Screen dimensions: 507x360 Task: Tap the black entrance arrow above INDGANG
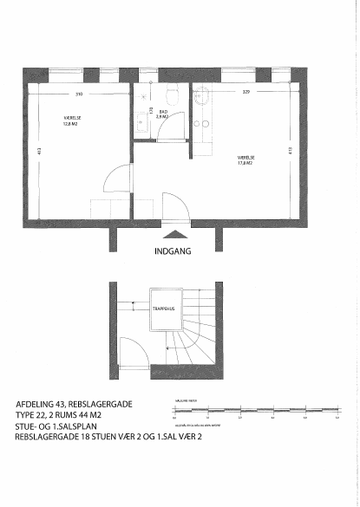(173, 234)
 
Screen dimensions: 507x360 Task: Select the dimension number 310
(78, 94)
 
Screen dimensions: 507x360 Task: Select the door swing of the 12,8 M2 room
(115, 181)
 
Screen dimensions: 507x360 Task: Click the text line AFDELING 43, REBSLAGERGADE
(73, 405)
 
